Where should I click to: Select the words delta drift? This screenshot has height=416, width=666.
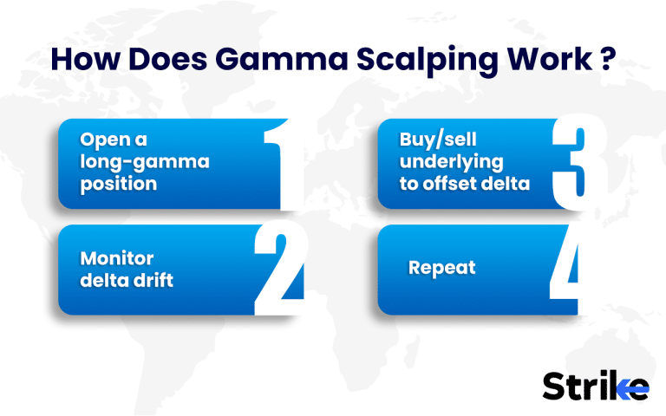pos(127,281)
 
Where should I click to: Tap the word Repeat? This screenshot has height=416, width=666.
pos(441,267)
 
